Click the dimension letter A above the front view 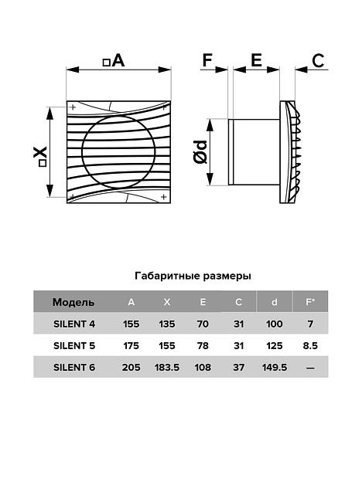[118, 60]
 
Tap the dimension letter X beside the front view [40, 152]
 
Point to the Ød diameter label [200, 152]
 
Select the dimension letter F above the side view [207, 60]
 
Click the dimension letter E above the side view [256, 60]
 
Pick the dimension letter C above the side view [318, 60]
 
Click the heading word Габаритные [167, 276]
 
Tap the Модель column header [73, 302]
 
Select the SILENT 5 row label [74, 345]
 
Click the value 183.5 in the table [167, 368]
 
